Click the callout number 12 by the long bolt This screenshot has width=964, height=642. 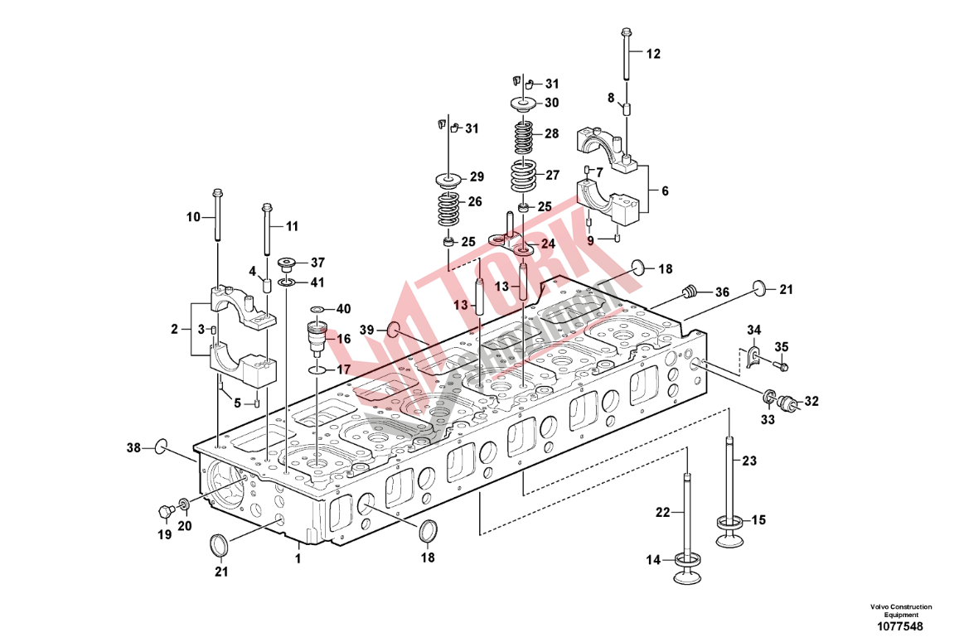click(x=653, y=54)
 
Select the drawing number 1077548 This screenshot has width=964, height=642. click(x=900, y=627)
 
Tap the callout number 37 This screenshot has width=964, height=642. click(x=318, y=263)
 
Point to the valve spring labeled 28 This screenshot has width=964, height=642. click(x=523, y=138)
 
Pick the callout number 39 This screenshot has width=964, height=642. click(x=367, y=330)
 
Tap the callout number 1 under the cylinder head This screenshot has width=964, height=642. click(x=298, y=558)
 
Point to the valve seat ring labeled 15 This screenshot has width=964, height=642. click(x=730, y=523)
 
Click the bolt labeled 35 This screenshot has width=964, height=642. click(x=781, y=365)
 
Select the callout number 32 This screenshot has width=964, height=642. click(x=811, y=402)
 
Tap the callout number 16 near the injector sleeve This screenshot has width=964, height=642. click(x=344, y=339)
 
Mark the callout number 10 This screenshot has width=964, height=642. click(x=193, y=217)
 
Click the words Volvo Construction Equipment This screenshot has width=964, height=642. click(x=900, y=611)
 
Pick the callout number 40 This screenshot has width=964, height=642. click(x=343, y=308)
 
